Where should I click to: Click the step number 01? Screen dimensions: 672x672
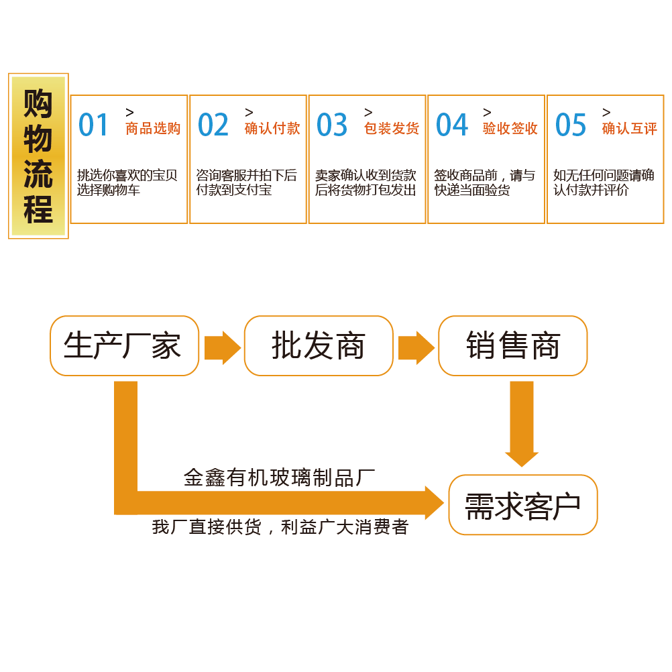click(x=93, y=125)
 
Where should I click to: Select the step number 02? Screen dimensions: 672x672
click(x=213, y=125)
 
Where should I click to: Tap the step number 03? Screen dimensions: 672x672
click(x=332, y=125)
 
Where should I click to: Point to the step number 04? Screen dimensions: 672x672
click(x=451, y=125)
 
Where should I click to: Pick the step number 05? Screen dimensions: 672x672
click(x=571, y=125)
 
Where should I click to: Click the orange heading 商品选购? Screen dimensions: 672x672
click(x=153, y=129)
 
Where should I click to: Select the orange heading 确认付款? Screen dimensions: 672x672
click(x=272, y=129)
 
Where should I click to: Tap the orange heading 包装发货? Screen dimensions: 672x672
click(x=392, y=129)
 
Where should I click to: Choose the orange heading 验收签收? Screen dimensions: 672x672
click(x=510, y=129)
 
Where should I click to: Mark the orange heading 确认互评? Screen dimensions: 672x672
click(x=630, y=129)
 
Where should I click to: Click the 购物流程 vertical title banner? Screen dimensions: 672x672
click(x=38, y=156)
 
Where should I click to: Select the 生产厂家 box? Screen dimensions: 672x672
click(x=124, y=346)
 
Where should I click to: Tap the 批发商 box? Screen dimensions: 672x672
click(x=318, y=346)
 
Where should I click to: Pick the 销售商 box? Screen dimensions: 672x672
click(x=512, y=346)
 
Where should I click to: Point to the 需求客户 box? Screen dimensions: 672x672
click(x=522, y=505)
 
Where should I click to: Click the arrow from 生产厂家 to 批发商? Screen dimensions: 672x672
click(x=222, y=347)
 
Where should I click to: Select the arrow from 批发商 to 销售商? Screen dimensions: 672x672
click(x=416, y=347)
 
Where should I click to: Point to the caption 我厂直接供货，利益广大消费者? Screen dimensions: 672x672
click(x=280, y=527)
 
